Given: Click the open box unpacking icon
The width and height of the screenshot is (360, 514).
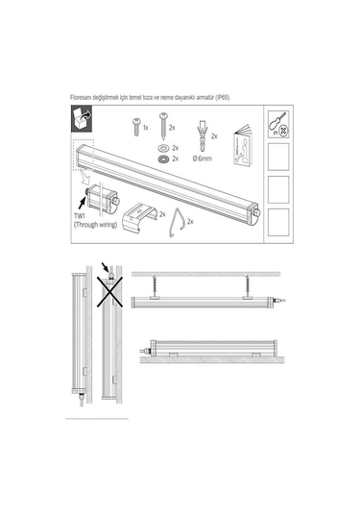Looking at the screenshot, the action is point(82,119).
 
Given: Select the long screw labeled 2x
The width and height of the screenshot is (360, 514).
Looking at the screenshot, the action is point(163,126).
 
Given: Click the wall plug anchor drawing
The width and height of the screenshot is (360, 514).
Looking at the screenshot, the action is point(203,135).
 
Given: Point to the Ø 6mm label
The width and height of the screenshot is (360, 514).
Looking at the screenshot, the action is point(203,159).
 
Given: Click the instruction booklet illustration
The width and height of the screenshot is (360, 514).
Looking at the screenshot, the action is point(242,144).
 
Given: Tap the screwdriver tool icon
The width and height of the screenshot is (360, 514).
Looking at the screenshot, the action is point(278,125).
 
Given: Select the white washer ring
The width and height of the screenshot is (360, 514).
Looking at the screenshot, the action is point(163,148).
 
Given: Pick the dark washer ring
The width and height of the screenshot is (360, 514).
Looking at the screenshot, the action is point(163,159).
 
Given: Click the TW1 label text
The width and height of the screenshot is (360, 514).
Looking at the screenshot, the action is point(80,217).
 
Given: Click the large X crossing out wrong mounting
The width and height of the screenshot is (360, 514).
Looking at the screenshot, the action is point(109,292).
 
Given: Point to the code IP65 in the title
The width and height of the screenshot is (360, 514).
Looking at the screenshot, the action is point(223,97).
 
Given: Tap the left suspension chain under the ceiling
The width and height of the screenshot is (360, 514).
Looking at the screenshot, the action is point(154,286).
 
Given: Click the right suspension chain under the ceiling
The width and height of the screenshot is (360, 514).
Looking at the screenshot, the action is point(247,286).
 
